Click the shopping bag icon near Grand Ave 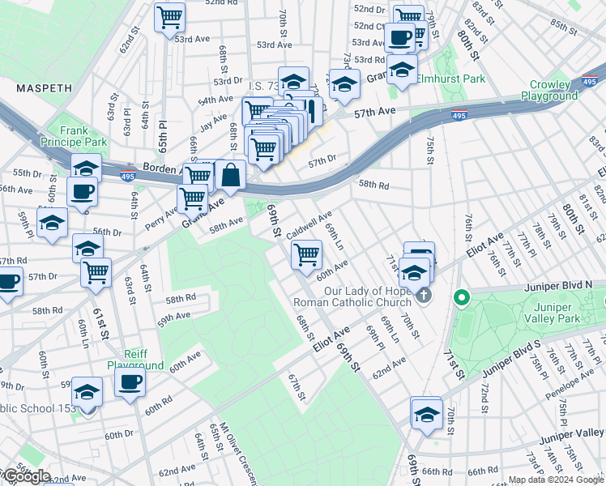[231, 174]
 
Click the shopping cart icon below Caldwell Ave [306, 254]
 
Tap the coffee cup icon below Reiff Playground [130, 382]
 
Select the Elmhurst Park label [451, 79]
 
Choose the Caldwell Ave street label [309, 221]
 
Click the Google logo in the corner [26, 476]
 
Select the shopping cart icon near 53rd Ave [170, 16]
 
